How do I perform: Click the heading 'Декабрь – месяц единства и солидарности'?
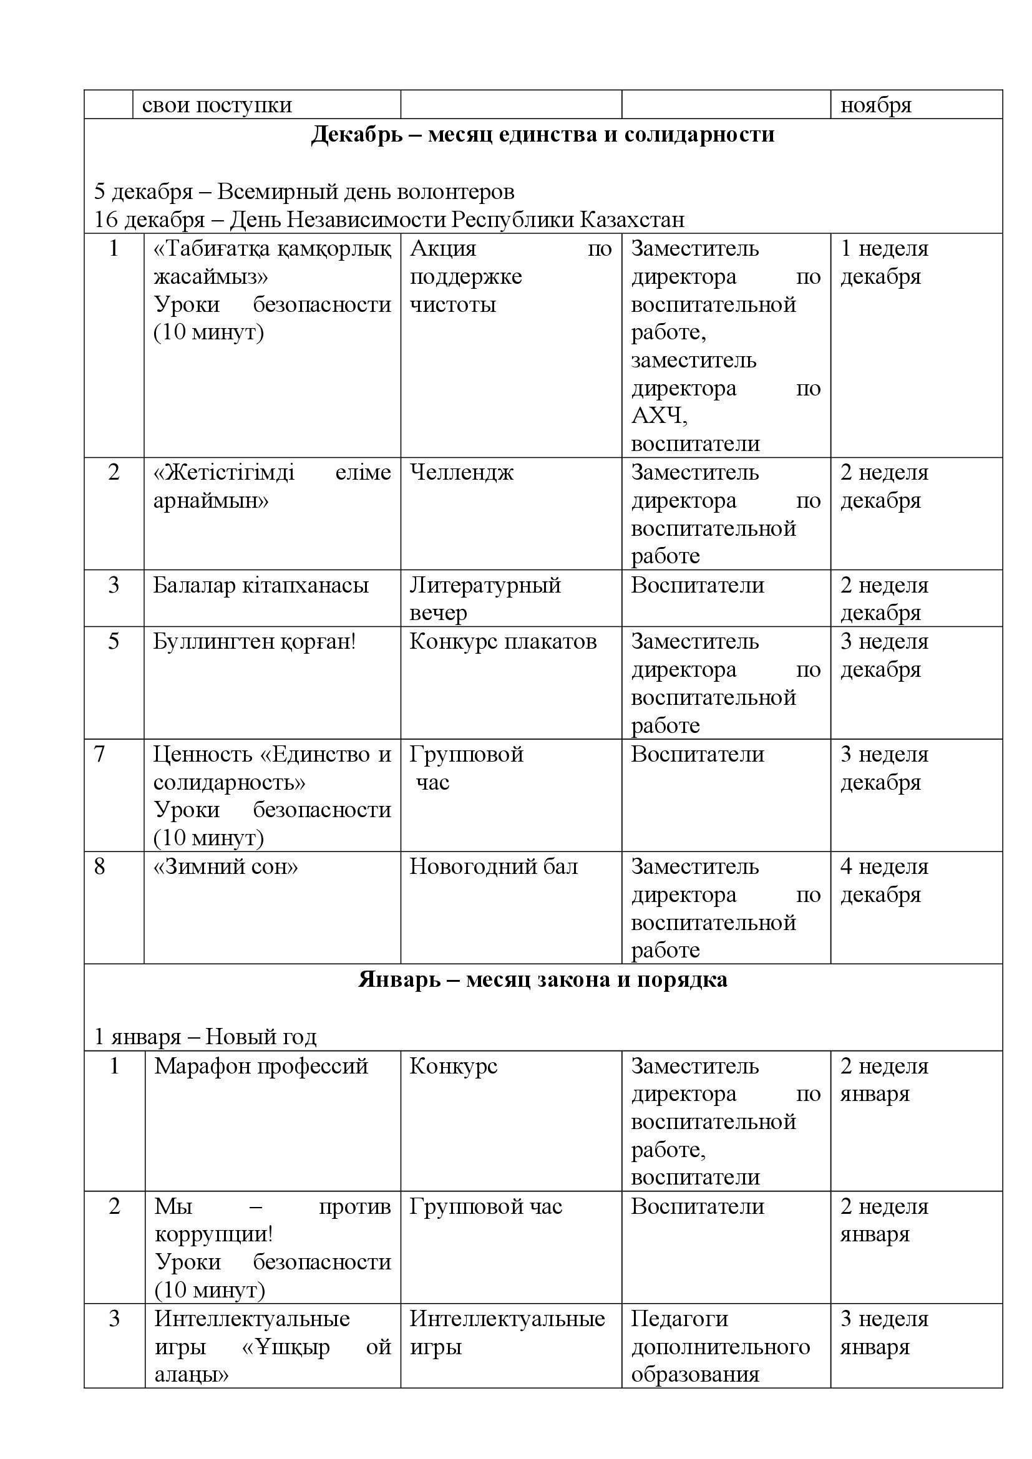(542, 135)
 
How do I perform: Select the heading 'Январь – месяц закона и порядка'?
(542, 979)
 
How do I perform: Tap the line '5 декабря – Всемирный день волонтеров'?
(304, 191)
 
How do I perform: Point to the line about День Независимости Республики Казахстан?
(389, 220)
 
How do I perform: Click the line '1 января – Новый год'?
(205, 1037)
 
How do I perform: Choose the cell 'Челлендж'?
(461, 472)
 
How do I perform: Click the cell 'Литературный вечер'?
(485, 598)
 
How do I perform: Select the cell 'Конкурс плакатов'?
(503, 642)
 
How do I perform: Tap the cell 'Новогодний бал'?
(493, 867)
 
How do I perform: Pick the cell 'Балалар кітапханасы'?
(261, 585)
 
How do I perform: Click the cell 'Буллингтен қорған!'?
(254, 642)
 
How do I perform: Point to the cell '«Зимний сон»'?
(226, 867)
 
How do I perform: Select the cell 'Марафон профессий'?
(261, 1065)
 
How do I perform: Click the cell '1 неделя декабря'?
(884, 263)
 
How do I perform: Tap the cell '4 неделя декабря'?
(884, 881)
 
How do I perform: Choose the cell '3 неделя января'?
(884, 1332)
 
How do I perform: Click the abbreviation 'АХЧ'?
(658, 416)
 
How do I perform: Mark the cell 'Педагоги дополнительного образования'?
(720, 1347)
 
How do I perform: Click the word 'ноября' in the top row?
(875, 105)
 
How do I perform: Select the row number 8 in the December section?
(100, 867)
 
